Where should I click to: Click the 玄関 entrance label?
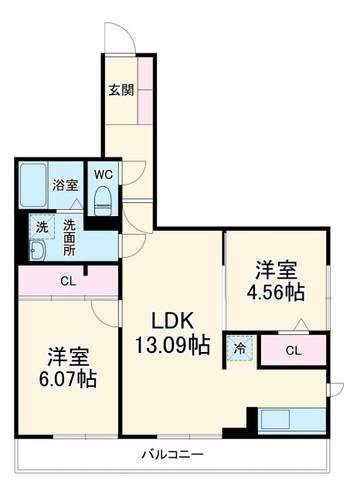pos(121,90)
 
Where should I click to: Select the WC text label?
pos(103,174)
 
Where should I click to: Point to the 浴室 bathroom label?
pos(65,185)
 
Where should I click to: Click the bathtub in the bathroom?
pos(33,184)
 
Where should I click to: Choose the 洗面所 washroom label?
pos(70,238)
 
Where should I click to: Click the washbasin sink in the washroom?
pos(36,251)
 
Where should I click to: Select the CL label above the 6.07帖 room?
pos(68,281)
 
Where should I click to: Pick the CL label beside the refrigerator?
pos(293,350)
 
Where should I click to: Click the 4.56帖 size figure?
pos(274,293)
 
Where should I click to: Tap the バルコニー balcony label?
pos(172,455)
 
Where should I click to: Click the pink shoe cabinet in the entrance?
pos(145,90)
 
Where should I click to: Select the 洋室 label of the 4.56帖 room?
pos(276,271)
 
